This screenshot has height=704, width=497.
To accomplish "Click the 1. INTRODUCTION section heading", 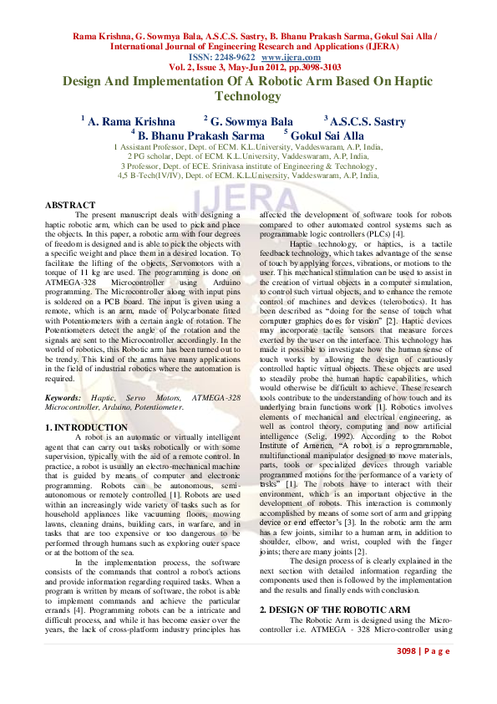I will point(86,427).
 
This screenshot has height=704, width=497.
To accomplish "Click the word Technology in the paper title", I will point(249,97).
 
